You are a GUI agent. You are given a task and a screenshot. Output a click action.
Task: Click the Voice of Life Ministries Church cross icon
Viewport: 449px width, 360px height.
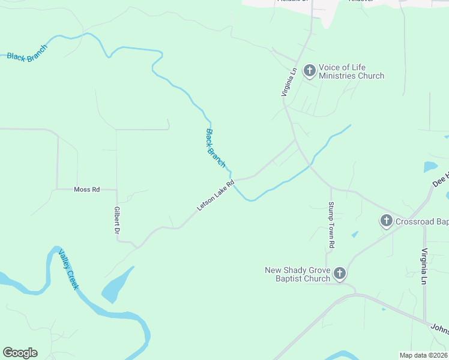coord(310,71)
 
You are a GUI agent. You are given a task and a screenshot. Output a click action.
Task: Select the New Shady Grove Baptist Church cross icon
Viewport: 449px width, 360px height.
coord(340,274)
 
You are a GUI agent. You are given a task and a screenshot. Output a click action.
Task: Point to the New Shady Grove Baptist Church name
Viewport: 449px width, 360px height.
coord(298,274)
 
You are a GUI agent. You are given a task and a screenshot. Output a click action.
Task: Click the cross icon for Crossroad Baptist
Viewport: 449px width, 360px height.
coord(387,221)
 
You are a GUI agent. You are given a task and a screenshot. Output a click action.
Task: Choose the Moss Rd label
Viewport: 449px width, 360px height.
coord(86,190)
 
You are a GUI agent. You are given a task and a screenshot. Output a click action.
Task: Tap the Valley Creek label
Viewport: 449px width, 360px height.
coord(68,271)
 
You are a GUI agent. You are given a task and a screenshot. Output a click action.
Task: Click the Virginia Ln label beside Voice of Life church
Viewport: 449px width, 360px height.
coord(289,82)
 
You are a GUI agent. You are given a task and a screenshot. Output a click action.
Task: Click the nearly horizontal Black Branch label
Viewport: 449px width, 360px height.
coord(27,58)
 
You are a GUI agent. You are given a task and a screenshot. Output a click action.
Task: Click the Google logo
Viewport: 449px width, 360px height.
coord(20,353)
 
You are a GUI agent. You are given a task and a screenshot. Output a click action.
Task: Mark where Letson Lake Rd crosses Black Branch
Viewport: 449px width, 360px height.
coord(233,180)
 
